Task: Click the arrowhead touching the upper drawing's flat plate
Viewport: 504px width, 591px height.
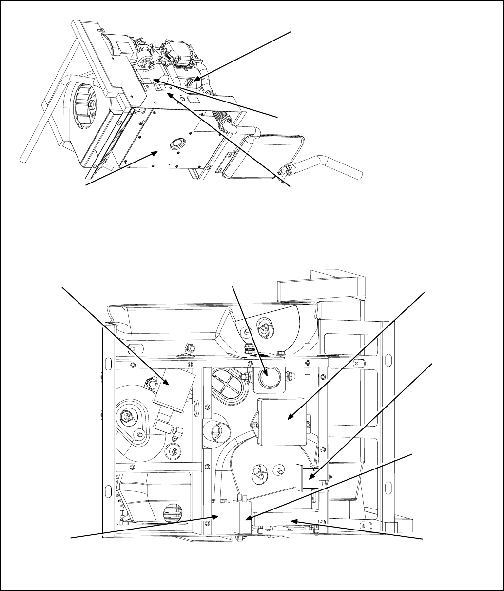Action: pos(156,152)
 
